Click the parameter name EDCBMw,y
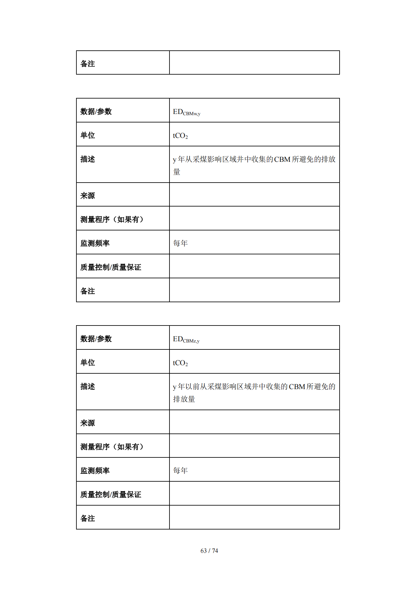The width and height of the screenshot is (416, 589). tap(186, 112)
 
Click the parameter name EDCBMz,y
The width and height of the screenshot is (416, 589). tap(186, 339)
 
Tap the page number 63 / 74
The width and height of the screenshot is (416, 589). tap(209, 551)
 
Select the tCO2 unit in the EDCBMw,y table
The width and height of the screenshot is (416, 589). tap(180, 136)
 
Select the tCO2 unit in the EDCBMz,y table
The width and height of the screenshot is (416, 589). tap(180, 363)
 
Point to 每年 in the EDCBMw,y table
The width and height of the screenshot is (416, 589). tap(180, 243)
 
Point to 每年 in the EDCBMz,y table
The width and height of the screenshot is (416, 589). tap(180, 470)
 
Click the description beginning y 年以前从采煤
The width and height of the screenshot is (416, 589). tap(254, 393)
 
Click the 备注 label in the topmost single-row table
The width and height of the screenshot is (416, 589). tap(88, 64)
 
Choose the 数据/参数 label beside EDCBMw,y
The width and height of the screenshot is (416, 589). tap(96, 111)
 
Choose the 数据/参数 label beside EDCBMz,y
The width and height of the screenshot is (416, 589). tap(96, 339)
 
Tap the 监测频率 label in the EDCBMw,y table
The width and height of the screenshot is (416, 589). tap(95, 243)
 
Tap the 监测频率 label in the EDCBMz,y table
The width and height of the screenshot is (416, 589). tap(95, 471)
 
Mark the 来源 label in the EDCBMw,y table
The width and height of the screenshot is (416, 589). tap(88, 196)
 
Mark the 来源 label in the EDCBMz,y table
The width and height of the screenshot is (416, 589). tap(88, 423)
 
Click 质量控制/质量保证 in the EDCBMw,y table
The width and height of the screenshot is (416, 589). tap(111, 267)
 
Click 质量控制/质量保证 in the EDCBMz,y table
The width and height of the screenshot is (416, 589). tap(111, 495)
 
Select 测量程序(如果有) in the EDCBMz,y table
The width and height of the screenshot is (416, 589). tap(112, 447)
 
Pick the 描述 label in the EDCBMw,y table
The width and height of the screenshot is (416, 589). tap(88, 159)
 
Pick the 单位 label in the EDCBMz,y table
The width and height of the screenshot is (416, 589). tap(88, 363)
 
